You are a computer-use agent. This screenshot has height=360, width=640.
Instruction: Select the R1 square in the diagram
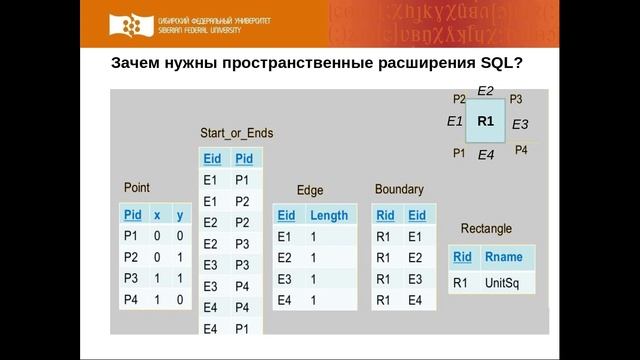[x=486, y=121]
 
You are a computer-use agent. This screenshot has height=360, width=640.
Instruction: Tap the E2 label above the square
[x=485, y=90]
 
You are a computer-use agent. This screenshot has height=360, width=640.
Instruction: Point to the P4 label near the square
[x=521, y=150]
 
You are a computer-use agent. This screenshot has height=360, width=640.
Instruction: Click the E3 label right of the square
[x=519, y=125]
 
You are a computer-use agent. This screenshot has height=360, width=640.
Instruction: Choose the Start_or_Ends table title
[x=236, y=133]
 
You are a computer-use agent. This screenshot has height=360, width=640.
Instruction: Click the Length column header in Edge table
[x=328, y=215]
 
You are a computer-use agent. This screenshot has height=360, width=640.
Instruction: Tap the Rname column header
[x=502, y=257]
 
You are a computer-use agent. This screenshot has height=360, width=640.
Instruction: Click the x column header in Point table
[x=156, y=215]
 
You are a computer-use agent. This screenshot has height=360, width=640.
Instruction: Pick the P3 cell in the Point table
[x=132, y=278]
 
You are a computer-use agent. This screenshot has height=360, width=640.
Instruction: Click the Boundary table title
[x=399, y=189]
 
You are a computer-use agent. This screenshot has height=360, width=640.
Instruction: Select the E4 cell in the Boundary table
[x=415, y=300]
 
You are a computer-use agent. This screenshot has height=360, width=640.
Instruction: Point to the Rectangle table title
[x=486, y=228]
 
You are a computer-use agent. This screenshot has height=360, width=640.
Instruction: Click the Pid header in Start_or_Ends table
[x=243, y=159]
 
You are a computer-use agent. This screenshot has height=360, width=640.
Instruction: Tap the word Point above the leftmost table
[x=136, y=188]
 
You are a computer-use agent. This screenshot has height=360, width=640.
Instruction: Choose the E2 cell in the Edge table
[x=284, y=258]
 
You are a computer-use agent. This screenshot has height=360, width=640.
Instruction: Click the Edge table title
[x=310, y=190]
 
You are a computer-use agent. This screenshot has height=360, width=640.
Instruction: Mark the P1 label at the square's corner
[x=459, y=153]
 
